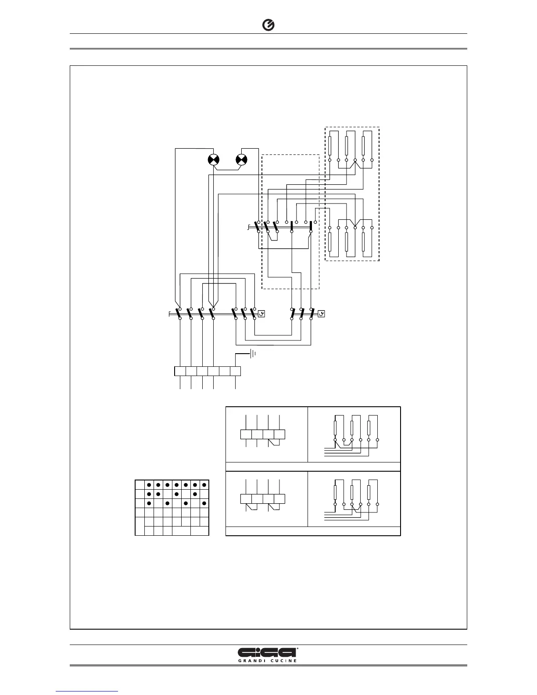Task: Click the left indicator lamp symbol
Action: (213, 160)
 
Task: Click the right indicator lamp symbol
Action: (241, 160)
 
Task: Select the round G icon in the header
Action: (268, 26)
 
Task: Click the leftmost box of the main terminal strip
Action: (180, 371)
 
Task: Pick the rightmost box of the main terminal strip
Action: (236, 371)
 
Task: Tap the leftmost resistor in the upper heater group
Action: (329, 143)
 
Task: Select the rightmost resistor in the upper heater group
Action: (363, 143)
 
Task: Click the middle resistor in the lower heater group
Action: (347, 242)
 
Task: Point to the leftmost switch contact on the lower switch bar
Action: (179, 314)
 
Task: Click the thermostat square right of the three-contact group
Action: (261, 314)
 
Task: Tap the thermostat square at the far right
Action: (322, 314)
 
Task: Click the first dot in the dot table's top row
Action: (149, 485)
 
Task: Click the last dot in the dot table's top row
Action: (204, 485)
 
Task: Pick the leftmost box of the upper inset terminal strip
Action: (246, 434)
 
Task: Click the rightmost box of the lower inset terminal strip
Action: (279, 498)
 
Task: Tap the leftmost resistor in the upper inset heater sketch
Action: (335, 427)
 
